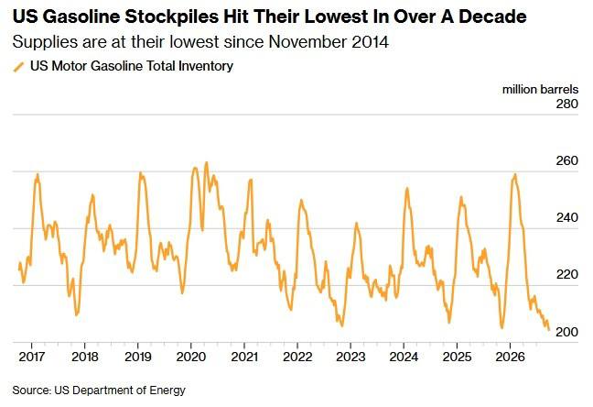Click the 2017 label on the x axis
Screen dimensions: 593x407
[32, 357]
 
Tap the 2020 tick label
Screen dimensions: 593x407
[191, 357]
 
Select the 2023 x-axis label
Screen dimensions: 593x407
[350, 357]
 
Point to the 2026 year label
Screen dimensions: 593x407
[510, 357]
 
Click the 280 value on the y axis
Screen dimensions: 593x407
[566, 104]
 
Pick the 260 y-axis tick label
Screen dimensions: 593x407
[566, 160]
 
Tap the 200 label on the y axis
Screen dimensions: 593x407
[566, 332]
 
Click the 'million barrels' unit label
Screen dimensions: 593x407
[540, 90]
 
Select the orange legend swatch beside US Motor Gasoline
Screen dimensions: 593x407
[18, 67]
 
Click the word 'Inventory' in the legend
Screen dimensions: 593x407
[206, 66]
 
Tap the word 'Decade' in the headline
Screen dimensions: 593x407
[492, 16]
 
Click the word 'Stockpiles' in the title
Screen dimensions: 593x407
[171, 17]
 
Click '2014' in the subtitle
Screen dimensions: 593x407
[370, 41]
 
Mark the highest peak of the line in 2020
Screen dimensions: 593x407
[206, 162]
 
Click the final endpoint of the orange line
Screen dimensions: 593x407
[549, 330]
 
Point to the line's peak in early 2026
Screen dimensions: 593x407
[514, 174]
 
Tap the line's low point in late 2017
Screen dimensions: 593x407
[77, 315]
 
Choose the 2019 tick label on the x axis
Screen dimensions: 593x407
[138, 357]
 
